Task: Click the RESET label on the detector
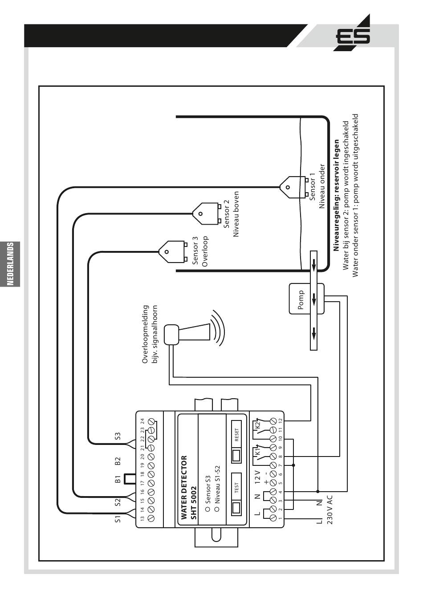pos(236,434)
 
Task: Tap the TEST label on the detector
pos(236,487)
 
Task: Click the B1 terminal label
pos(118,479)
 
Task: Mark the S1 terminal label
pos(118,519)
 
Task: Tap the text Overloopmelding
pos(145,334)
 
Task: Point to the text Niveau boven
pos(236,214)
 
